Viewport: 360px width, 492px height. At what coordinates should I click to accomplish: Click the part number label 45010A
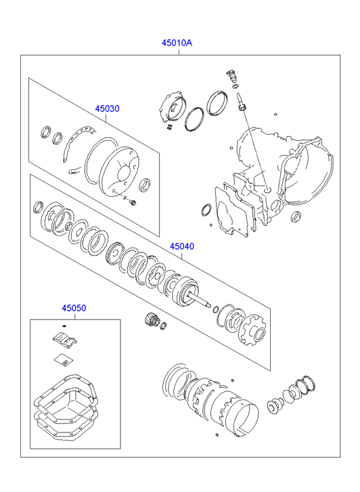(x=177, y=43)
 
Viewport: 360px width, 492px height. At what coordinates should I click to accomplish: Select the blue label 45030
(x=108, y=109)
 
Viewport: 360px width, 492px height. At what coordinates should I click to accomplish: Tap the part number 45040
(x=182, y=246)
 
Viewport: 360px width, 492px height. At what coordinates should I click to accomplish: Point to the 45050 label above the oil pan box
(x=74, y=308)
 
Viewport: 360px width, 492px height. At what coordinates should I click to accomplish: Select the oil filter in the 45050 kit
(x=65, y=340)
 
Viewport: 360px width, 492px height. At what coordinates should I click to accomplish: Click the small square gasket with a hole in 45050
(x=63, y=361)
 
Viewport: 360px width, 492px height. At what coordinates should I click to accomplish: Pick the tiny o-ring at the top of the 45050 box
(x=64, y=326)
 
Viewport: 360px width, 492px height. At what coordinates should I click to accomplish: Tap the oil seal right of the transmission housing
(x=296, y=216)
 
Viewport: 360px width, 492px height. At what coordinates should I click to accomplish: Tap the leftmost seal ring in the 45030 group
(x=46, y=131)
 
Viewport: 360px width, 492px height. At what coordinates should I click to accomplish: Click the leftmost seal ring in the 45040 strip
(x=39, y=207)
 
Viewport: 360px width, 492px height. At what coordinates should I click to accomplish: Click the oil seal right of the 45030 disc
(x=145, y=185)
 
